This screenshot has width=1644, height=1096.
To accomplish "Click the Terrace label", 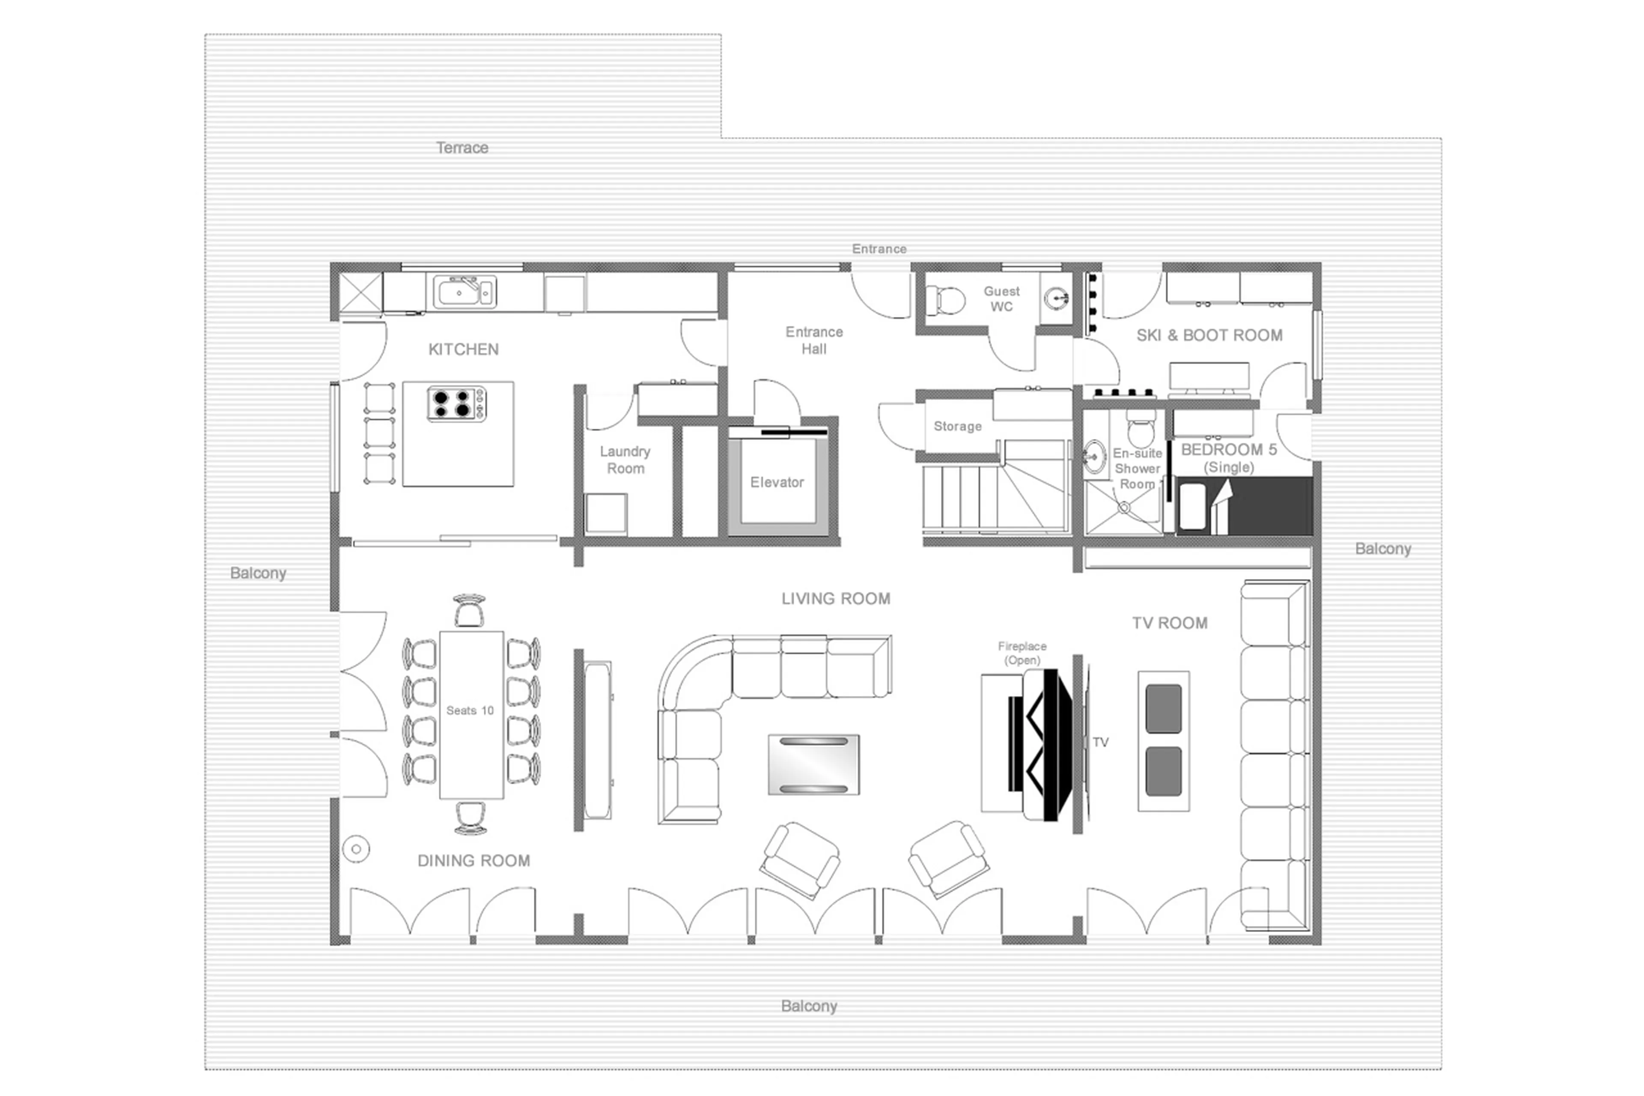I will (x=462, y=147).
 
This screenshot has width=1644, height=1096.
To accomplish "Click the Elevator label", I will (x=777, y=482).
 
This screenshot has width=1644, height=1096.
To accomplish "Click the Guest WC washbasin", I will (x=1057, y=299).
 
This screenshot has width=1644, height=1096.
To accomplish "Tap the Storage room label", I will (x=957, y=427).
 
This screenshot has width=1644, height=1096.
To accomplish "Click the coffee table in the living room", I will (x=813, y=765).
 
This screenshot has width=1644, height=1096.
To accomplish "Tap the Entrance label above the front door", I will (x=879, y=249).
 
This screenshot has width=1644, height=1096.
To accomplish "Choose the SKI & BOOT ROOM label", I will (x=1209, y=335).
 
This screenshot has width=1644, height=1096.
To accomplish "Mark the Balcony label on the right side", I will (x=1383, y=549).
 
